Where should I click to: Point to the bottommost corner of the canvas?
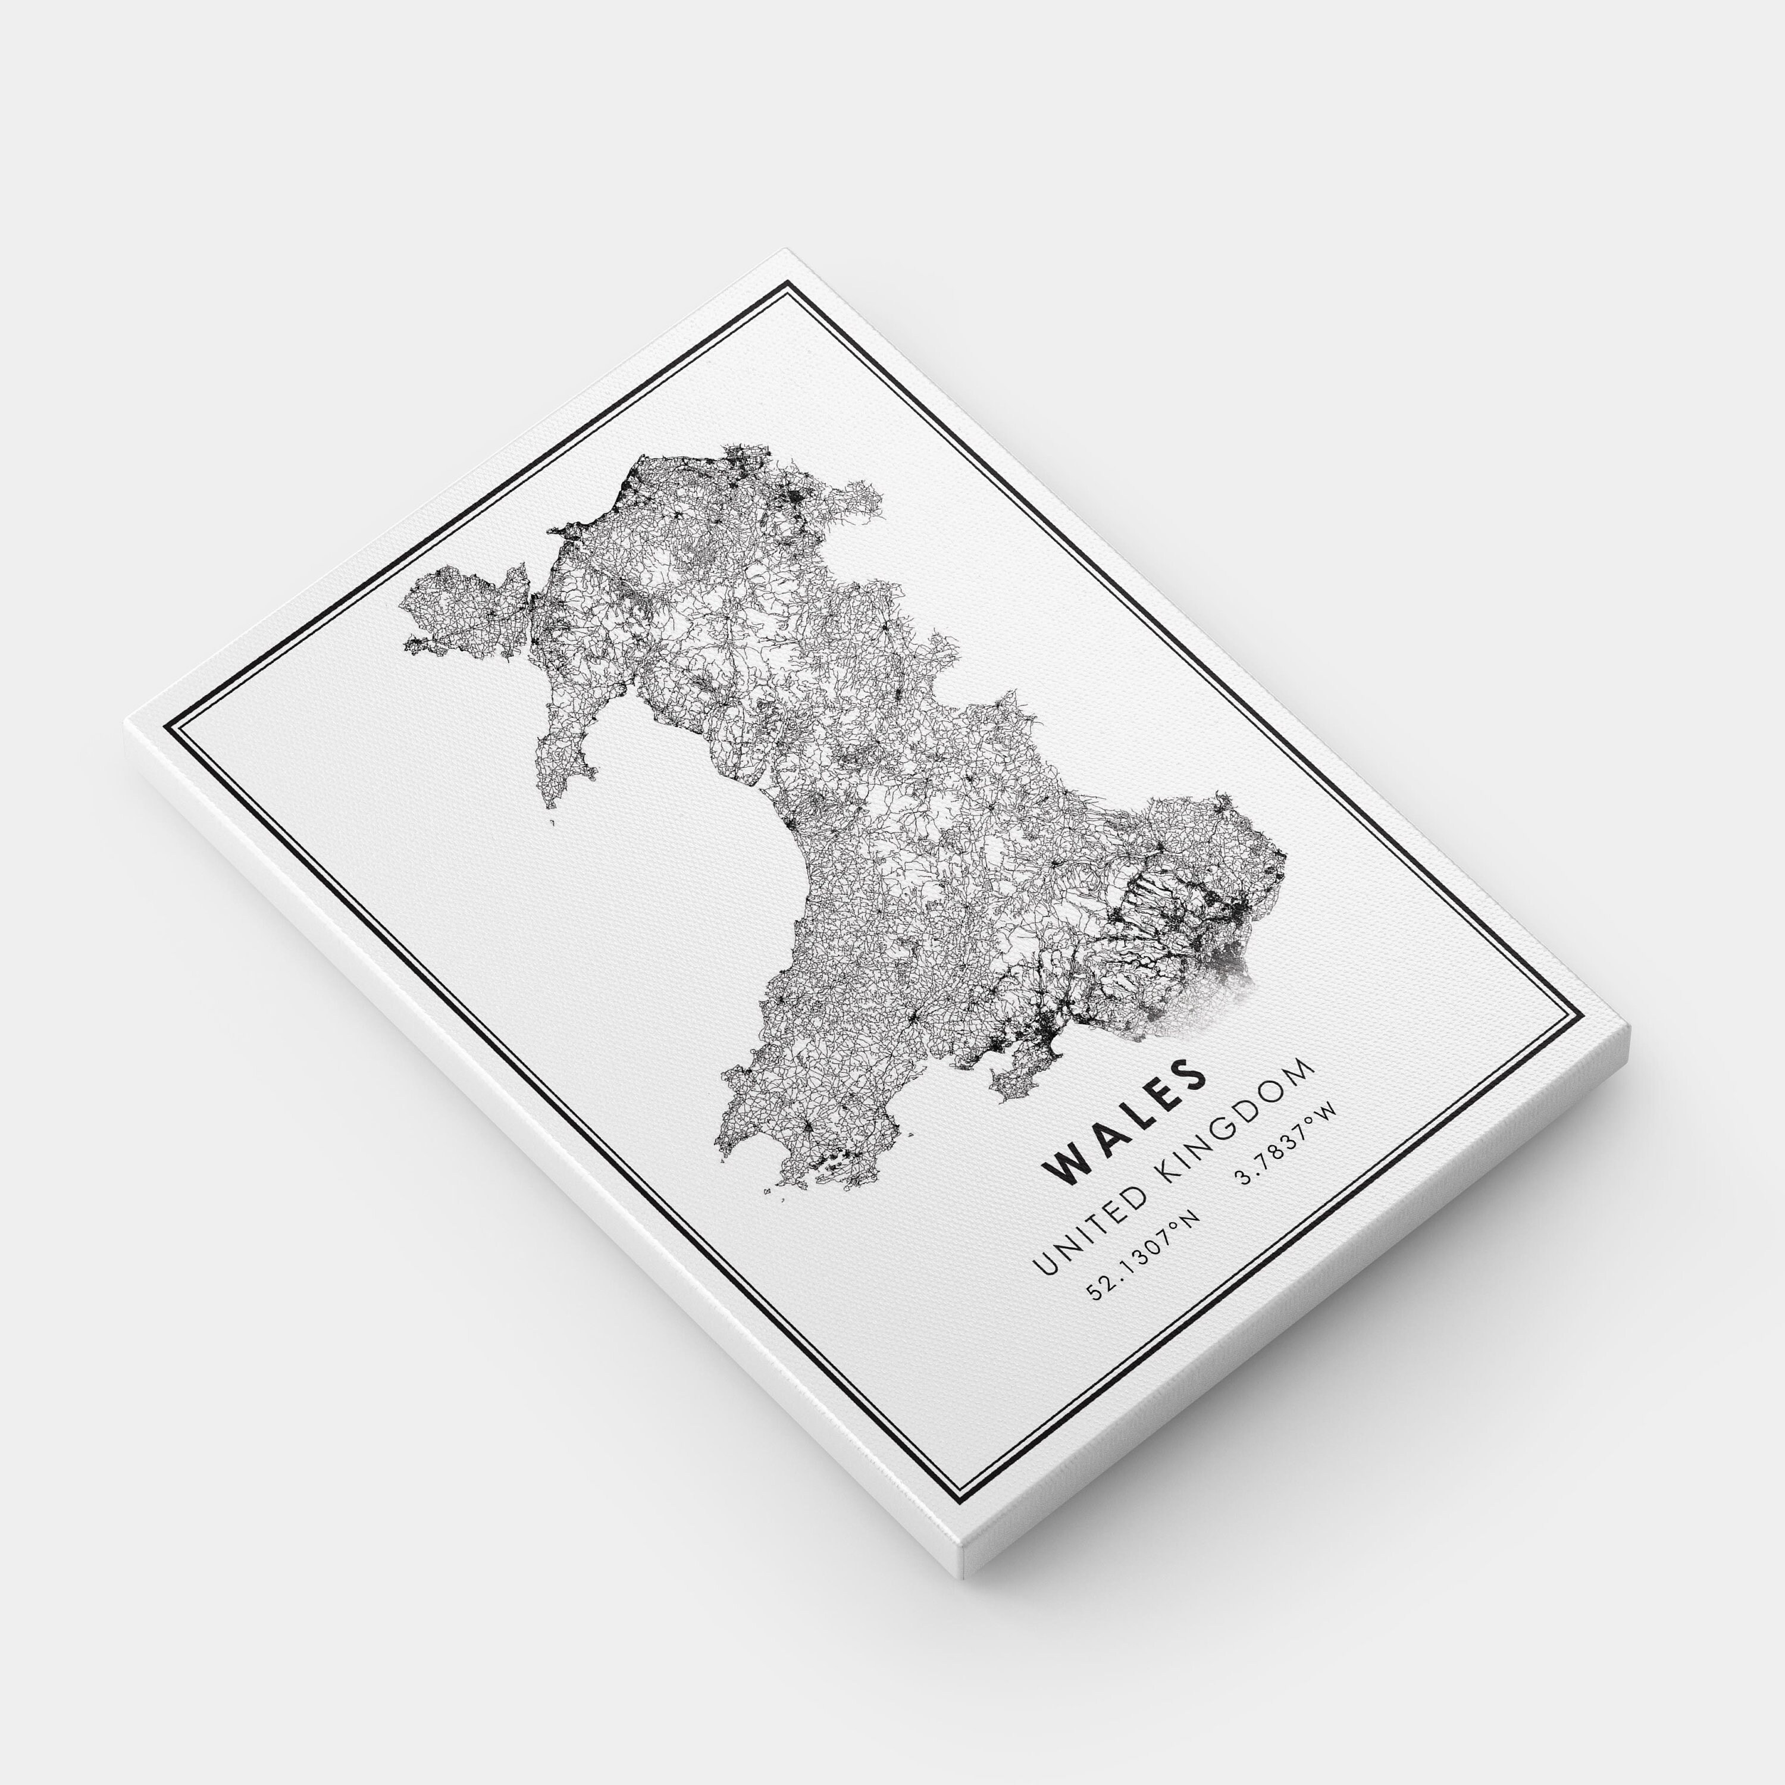click(x=966, y=1469)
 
